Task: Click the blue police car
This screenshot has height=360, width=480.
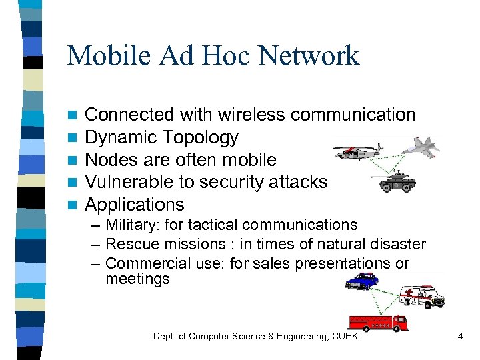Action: [361, 281]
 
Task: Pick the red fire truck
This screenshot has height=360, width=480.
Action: [377, 323]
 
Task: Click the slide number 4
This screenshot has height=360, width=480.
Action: [460, 337]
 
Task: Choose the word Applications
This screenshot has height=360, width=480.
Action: [135, 204]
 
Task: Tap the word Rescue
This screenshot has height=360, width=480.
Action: [129, 245]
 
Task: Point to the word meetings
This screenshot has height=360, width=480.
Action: [137, 279]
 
